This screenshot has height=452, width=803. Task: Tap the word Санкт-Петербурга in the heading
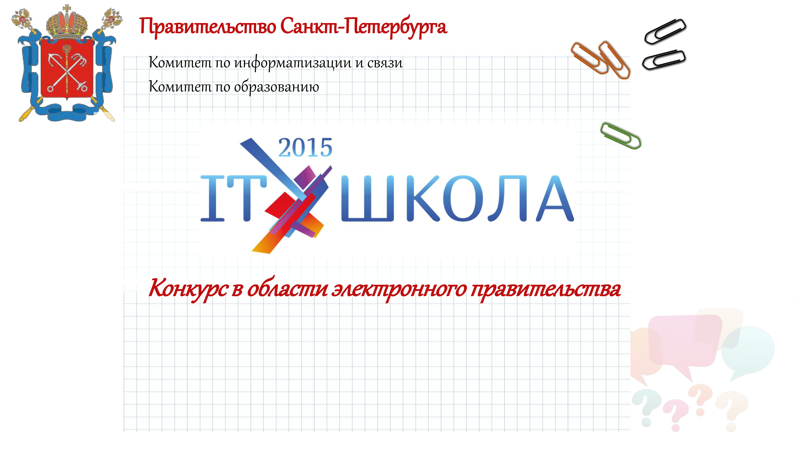tap(364, 27)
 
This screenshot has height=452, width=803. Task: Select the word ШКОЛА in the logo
tap(457, 198)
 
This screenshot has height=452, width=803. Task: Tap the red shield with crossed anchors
tap(67, 70)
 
